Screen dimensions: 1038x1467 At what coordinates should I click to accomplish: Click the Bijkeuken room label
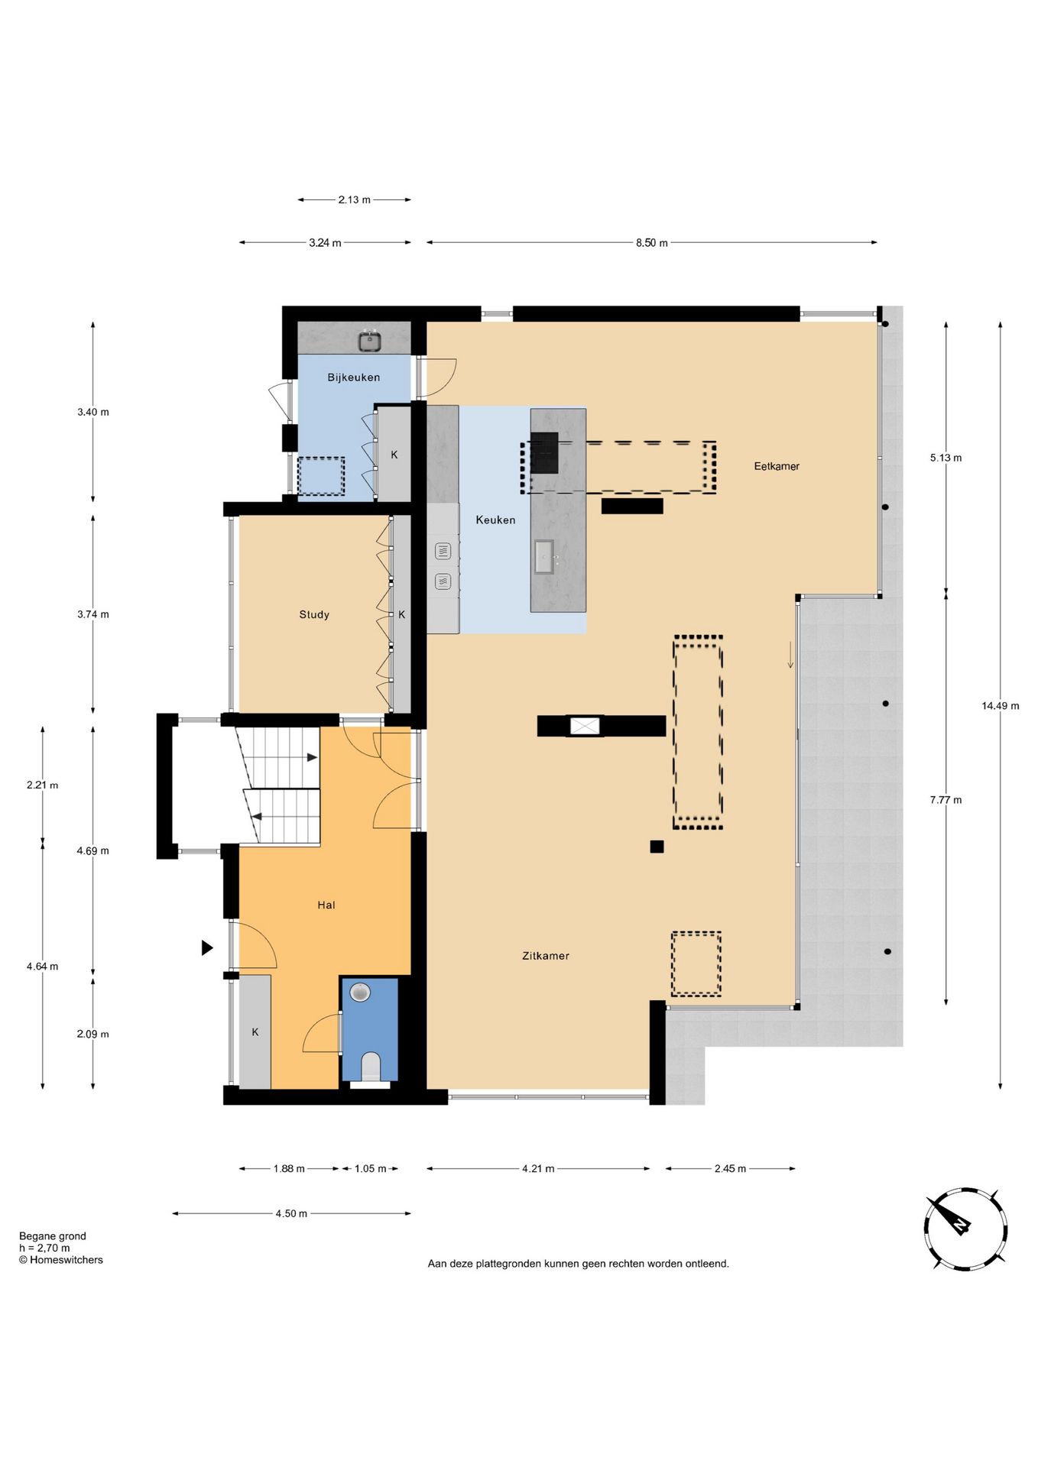click(x=353, y=377)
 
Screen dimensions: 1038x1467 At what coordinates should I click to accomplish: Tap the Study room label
click(x=314, y=614)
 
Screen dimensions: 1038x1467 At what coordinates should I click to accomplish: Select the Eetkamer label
click(x=777, y=466)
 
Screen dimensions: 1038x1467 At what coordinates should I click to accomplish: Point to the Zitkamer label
click(x=546, y=956)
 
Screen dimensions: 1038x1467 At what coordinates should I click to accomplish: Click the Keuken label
click(x=495, y=520)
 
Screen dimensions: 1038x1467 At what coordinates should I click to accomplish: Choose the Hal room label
click(x=326, y=905)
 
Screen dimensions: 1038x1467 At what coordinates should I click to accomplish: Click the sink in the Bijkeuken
click(x=370, y=341)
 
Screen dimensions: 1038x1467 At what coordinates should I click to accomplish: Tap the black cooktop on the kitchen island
click(x=544, y=453)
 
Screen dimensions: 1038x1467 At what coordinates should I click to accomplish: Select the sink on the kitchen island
click(x=544, y=556)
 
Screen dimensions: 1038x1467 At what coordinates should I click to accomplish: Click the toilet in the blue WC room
click(x=370, y=1066)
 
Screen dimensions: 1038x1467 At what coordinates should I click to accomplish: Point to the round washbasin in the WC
click(x=360, y=993)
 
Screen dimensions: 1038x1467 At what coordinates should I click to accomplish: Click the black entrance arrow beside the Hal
click(x=207, y=948)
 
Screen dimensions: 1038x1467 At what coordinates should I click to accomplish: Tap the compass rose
click(x=965, y=1229)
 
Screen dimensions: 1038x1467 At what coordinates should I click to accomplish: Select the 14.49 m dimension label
click(x=1001, y=706)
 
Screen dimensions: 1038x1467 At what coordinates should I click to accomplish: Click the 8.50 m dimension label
click(x=652, y=243)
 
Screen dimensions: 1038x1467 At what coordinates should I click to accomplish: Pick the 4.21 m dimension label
click(x=539, y=1168)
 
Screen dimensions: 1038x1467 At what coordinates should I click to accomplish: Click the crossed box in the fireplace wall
click(x=585, y=726)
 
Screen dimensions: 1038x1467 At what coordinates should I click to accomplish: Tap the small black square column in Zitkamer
click(x=657, y=847)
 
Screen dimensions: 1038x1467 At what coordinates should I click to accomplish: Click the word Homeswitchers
click(x=66, y=1260)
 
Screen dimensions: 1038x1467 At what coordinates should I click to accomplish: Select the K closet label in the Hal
click(x=255, y=1032)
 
